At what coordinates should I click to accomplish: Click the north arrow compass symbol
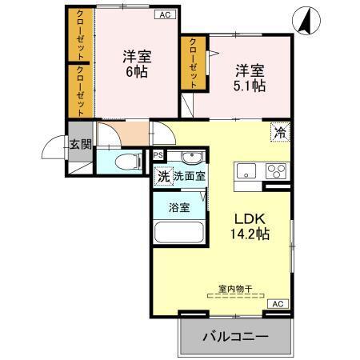[306, 19]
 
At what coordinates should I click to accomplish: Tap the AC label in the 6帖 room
[164, 14]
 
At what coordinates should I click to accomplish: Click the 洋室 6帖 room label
[136, 63]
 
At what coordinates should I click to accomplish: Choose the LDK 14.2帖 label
[251, 226]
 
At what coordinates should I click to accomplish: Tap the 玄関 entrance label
[79, 145]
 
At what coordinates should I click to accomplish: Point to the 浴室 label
[178, 206]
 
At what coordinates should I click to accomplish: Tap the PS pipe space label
[158, 154]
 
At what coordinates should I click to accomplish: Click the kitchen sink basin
[246, 171]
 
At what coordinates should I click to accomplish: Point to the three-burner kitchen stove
[276, 171]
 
